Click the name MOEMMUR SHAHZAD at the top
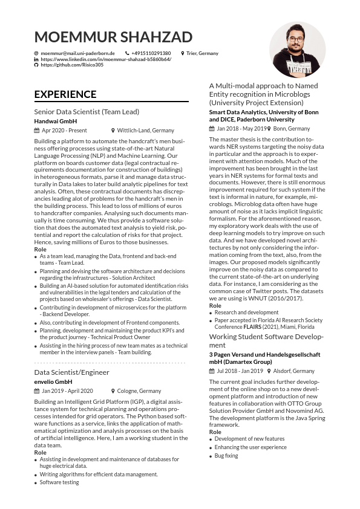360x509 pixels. point(113,37)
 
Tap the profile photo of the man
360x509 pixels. point(297,50)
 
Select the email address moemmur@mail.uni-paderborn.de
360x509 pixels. point(77,54)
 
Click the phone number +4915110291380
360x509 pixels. point(151,54)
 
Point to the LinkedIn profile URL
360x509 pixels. point(106,59)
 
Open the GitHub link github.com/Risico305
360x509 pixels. point(72,65)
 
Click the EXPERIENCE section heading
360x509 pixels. point(65,94)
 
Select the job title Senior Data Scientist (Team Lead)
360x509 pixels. point(87,112)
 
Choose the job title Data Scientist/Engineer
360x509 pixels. point(72,372)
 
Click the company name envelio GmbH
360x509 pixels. point(53,382)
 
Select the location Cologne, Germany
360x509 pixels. point(139,391)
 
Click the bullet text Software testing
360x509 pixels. point(59,482)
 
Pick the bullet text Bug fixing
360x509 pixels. point(226,456)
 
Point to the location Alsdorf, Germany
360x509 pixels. point(294,371)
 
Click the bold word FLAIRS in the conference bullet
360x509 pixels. point(252,326)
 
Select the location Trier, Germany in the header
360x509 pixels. point(202,54)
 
